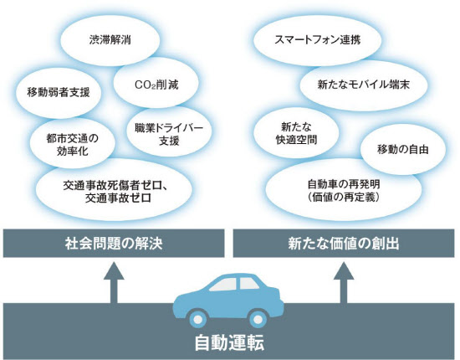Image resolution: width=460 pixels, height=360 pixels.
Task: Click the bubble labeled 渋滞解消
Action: (110, 40)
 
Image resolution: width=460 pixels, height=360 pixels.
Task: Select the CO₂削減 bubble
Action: (156, 84)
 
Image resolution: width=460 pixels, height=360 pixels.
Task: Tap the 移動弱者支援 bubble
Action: (59, 93)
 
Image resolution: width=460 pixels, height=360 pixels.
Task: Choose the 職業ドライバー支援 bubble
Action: (169, 134)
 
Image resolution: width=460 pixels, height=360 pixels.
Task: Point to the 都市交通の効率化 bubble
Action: (72, 144)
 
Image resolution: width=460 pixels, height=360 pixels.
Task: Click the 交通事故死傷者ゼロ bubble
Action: (115, 190)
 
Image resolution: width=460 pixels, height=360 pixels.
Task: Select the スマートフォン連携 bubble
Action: (318, 40)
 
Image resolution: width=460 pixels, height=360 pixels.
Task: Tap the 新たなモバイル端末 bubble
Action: (363, 85)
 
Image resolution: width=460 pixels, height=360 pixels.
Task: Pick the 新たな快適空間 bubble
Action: (296, 134)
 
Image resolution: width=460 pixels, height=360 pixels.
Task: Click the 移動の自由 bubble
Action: (403, 150)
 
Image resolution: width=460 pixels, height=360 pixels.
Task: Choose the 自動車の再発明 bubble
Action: (344, 190)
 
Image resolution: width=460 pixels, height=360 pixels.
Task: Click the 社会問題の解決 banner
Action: (114, 243)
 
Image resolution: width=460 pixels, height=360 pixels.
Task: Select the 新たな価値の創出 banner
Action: (344, 243)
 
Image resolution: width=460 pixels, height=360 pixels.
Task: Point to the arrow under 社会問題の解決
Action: (114, 283)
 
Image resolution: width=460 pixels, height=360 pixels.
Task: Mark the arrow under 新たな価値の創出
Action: (344, 283)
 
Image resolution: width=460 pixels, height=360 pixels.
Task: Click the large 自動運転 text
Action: (230, 342)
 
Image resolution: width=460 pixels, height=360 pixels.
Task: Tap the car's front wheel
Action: (197, 319)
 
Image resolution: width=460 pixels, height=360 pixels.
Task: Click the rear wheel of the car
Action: (258, 319)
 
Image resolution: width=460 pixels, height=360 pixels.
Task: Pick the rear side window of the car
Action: (249, 284)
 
